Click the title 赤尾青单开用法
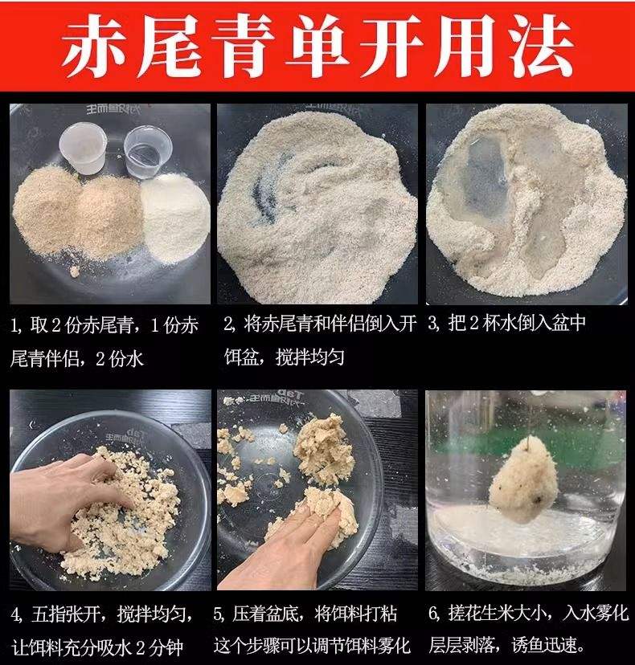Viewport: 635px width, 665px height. [x=317, y=47]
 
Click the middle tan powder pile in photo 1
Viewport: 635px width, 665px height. [x=109, y=213]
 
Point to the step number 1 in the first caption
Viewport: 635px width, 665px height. [x=14, y=325]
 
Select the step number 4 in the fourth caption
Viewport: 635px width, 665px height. [x=15, y=614]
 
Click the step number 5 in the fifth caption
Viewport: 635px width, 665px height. [x=219, y=614]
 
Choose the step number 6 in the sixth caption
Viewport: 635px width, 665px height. [x=432, y=614]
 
